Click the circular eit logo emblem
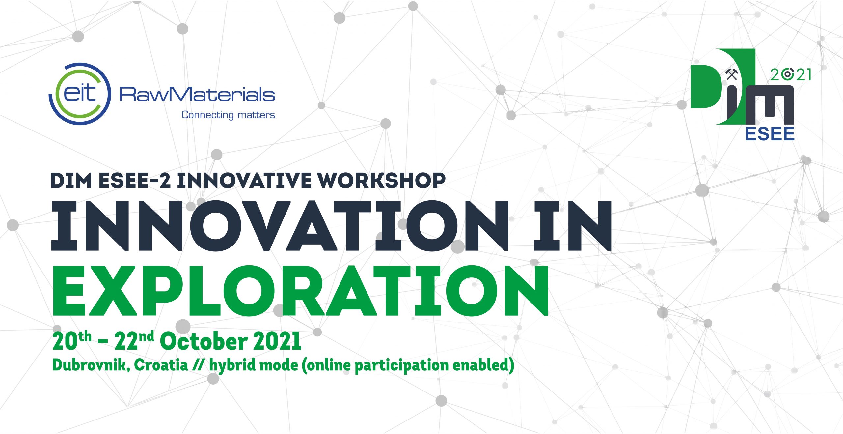[80, 94]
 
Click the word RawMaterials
[197, 95]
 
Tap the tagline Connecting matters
[228, 115]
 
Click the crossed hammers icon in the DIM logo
[732, 74]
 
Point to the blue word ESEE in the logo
[770, 134]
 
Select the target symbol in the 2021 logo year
[787, 74]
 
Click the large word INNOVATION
[280, 226]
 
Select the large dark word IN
[572, 226]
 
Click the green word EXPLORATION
[300, 291]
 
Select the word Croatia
[161, 365]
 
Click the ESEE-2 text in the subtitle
[134, 181]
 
